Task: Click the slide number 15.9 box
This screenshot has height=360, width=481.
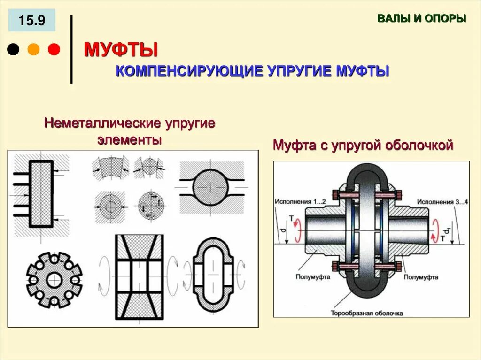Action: tap(32, 20)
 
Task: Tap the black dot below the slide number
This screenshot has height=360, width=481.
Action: tap(14, 49)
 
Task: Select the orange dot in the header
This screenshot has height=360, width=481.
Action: tap(34, 49)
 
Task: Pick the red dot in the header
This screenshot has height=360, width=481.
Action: tap(54, 49)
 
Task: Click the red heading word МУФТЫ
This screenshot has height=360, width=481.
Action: tap(120, 49)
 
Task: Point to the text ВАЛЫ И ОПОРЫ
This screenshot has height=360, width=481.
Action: tap(422, 19)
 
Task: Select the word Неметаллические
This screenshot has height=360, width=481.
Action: tap(102, 124)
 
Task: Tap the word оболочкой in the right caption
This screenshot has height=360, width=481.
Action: tap(419, 146)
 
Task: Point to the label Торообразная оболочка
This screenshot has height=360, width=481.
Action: tap(373, 312)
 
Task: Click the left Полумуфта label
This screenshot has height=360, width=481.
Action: tap(313, 277)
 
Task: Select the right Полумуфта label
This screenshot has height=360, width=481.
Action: tap(420, 277)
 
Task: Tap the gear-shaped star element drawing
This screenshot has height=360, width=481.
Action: tap(54, 280)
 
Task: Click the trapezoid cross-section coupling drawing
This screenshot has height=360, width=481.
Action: tap(139, 276)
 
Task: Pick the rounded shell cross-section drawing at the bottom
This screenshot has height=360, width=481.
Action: tap(213, 275)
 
